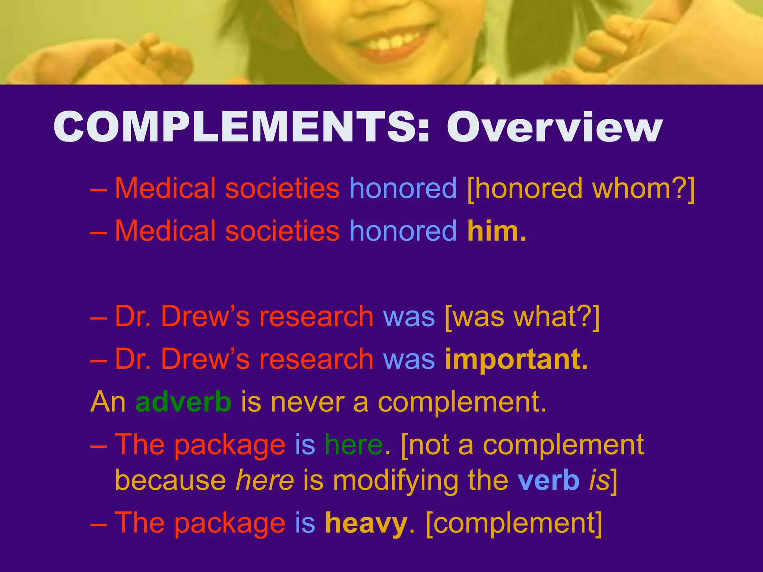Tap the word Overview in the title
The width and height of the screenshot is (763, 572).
[x=554, y=127]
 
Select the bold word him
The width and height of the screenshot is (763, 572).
[x=497, y=231]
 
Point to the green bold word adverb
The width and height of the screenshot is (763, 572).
[x=183, y=402]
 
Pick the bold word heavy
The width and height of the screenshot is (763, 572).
[x=366, y=523]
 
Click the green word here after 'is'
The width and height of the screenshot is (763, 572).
[x=354, y=445]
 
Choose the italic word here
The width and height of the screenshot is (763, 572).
[x=265, y=480]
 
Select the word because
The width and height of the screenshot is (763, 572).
[x=170, y=480]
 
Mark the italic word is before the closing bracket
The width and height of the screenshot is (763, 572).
[x=599, y=480]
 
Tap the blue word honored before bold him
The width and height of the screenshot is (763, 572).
[x=403, y=231]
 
